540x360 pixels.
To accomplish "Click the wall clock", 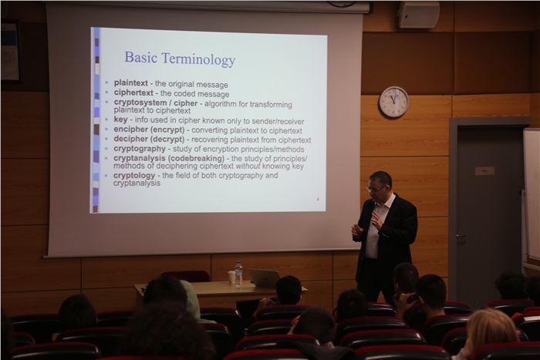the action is pos(393,102).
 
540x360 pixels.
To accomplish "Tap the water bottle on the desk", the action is pos(238,274).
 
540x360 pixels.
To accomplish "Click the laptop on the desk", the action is pos(264,278).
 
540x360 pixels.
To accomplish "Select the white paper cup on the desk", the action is pos(231,278).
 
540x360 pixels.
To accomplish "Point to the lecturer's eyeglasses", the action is pos(376,189).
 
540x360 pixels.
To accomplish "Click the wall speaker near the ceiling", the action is pos(418,15).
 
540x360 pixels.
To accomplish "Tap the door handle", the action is pos(461,237).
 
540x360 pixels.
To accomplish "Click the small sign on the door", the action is pos(484,170).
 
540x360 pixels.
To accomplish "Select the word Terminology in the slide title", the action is pos(199,59).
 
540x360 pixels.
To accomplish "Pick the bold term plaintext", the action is pos(131,83).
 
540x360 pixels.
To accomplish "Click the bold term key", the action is pos(120,119).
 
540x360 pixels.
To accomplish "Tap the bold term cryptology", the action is pos(134,176).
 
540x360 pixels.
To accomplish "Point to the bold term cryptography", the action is pos(140,149).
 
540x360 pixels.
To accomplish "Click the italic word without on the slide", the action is pos(248,167).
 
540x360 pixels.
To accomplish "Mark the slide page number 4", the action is pos(318,200).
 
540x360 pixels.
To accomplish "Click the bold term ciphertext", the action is pos(133,93).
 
